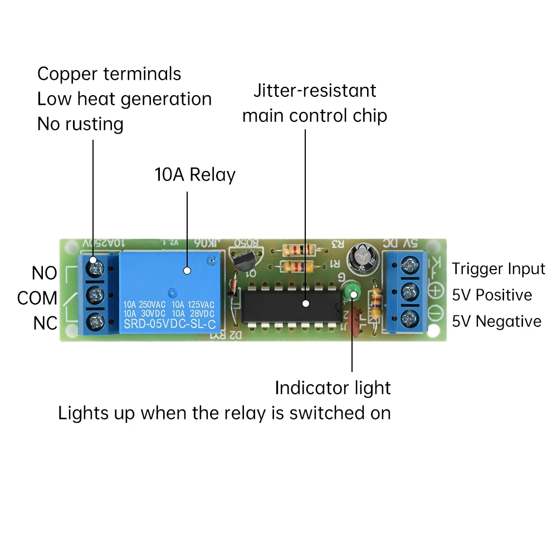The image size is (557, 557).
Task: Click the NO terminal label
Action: (x=44, y=273)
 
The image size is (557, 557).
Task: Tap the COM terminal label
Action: (x=37, y=298)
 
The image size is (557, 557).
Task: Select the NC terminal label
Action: (x=45, y=323)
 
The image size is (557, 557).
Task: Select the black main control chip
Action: (x=289, y=304)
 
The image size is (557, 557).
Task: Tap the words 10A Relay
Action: (x=195, y=175)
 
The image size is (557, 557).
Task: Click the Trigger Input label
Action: (x=498, y=269)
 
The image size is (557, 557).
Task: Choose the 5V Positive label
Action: (x=492, y=295)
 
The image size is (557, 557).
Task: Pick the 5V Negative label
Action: (x=496, y=321)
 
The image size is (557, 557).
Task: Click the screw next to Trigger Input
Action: (x=413, y=263)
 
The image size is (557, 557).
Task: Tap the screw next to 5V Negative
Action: (x=413, y=317)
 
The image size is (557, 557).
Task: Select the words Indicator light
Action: (x=333, y=388)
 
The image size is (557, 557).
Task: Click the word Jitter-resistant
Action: (x=315, y=91)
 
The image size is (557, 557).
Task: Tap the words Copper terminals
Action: (x=109, y=74)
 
